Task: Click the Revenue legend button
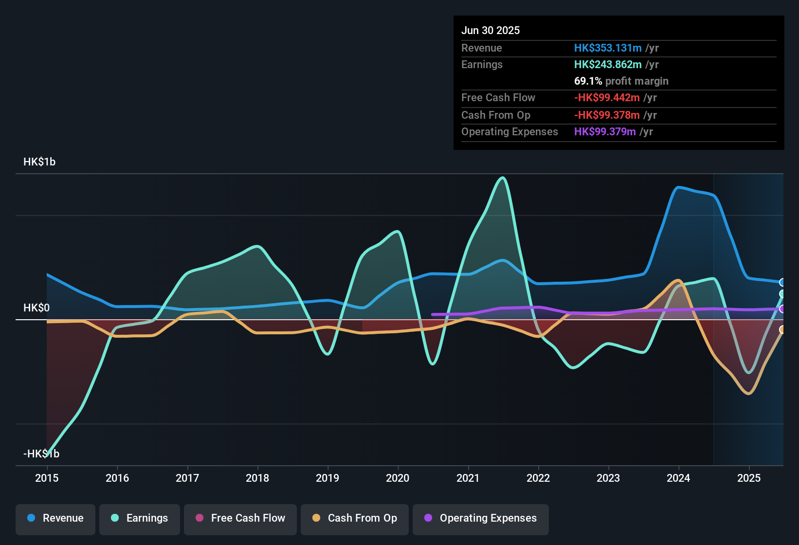[55, 518]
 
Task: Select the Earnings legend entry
[140, 518]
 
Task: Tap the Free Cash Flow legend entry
[240, 518]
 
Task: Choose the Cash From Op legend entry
[355, 518]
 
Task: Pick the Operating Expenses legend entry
[481, 518]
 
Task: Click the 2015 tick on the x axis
[47, 478]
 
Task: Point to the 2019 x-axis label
[327, 478]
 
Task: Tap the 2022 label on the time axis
[538, 478]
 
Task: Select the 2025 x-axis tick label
[749, 478]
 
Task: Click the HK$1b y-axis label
[39, 162]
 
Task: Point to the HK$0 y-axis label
[36, 308]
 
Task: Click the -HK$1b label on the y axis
[41, 454]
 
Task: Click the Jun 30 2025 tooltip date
[490, 31]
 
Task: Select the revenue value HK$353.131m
[608, 48]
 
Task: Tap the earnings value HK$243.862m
[608, 65]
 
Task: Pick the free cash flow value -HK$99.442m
[607, 98]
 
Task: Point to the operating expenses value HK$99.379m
[605, 132]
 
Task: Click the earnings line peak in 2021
[503, 178]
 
